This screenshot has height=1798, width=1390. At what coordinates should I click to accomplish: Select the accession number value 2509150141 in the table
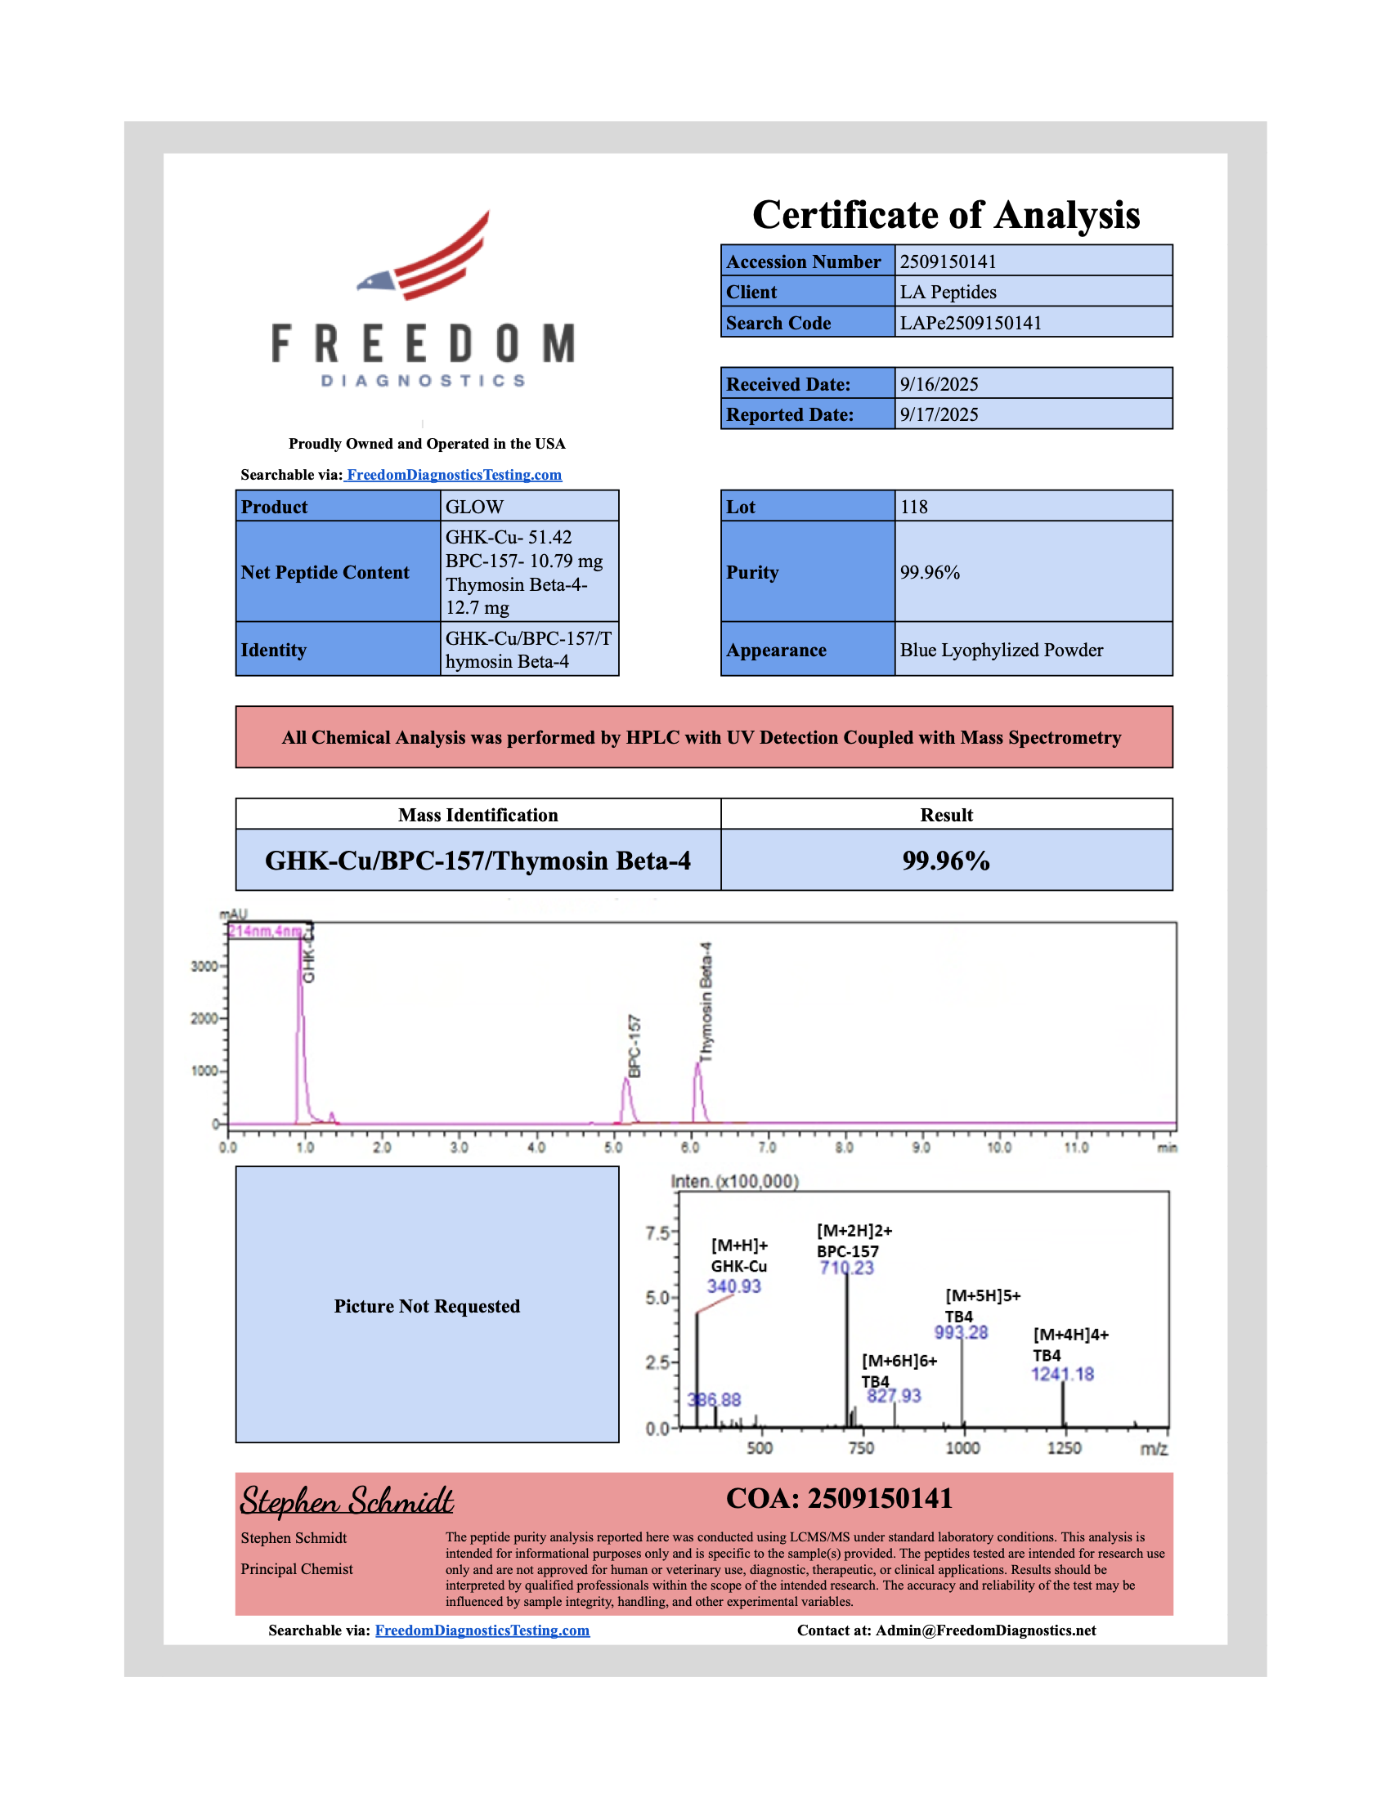(947, 262)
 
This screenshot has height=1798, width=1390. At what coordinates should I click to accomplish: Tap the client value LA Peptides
(947, 293)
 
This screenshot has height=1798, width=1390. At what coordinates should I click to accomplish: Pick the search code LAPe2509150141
(970, 323)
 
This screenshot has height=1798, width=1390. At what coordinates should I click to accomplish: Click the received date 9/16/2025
(939, 384)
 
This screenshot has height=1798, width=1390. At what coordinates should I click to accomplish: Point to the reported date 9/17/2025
(939, 415)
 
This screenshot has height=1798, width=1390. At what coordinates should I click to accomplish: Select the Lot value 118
(913, 508)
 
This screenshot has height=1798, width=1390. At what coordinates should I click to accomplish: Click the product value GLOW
(474, 508)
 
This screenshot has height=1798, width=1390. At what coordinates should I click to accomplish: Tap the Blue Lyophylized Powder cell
(1001, 651)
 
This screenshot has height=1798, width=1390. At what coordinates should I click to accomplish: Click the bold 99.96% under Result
(945, 861)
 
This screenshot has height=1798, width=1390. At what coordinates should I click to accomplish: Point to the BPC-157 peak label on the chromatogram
(634, 1045)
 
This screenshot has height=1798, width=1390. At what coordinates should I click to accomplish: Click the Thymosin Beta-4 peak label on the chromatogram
(706, 1002)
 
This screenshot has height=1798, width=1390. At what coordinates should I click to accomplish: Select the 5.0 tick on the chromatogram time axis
(612, 1147)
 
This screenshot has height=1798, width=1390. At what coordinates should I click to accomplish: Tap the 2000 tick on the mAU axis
(204, 1018)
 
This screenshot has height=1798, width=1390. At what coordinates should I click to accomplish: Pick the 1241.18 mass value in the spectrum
(1061, 1374)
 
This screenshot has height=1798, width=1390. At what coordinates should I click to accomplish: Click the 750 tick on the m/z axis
(860, 1448)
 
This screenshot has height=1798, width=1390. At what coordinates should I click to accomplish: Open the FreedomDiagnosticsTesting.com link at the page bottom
(482, 1631)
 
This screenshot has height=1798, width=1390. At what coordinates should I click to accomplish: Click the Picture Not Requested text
(427, 1307)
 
